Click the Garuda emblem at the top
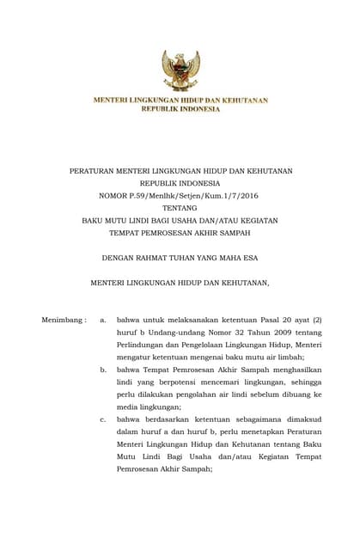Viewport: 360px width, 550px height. coord(180,70)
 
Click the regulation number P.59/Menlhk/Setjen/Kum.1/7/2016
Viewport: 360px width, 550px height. coord(195,195)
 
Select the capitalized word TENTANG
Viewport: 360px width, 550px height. coord(180,207)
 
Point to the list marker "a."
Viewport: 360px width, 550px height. coord(103,320)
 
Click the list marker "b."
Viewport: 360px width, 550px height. coord(103,369)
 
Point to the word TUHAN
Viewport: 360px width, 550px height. coord(186,257)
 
